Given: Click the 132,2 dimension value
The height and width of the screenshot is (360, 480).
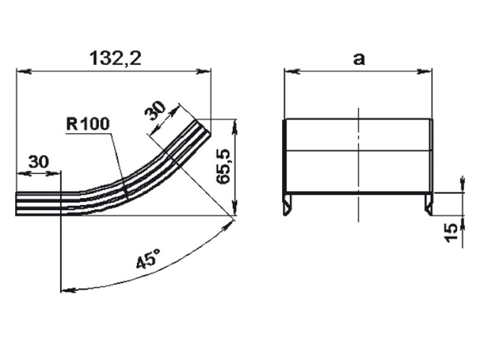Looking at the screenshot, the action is (116, 58).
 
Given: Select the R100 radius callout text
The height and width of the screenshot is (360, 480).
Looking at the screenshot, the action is (88, 124).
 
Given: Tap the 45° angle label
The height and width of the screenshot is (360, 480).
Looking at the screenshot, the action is (148, 259).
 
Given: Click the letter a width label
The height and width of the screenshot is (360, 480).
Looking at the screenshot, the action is (359, 59).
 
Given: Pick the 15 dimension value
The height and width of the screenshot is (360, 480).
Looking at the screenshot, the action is (452, 233).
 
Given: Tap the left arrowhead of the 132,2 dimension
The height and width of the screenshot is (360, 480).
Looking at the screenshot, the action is (23, 71).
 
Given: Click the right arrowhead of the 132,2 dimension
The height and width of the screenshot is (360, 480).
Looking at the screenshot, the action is (203, 71).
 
